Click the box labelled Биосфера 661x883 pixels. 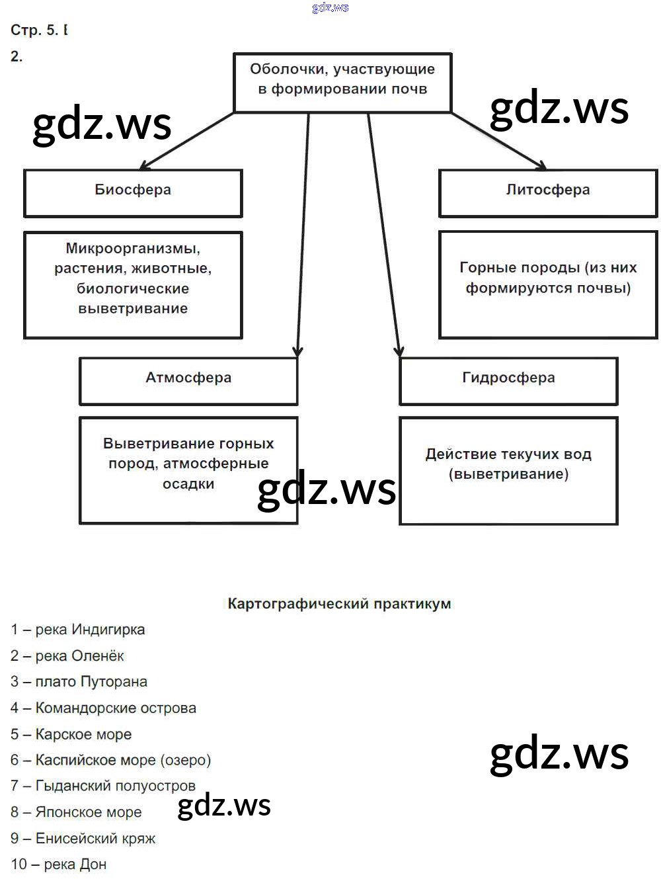click(133, 192)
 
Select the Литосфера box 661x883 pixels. click(548, 192)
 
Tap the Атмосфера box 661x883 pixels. click(188, 380)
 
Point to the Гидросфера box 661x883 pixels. click(508, 380)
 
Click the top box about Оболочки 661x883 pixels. click(342, 82)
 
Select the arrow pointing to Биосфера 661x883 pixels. click(187, 140)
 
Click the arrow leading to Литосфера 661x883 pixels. click(499, 141)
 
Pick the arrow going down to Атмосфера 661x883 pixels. click(303, 231)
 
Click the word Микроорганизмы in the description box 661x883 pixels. click(133, 249)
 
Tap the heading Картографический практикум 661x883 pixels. click(339, 604)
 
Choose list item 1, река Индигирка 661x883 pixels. click(78, 630)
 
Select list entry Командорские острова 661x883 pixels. click(104, 708)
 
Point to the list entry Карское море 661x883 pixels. click(71, 734)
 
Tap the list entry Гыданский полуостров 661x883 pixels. click(103, 786)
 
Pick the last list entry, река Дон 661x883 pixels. click(59, 864)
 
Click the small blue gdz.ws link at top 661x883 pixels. click(330, 7)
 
